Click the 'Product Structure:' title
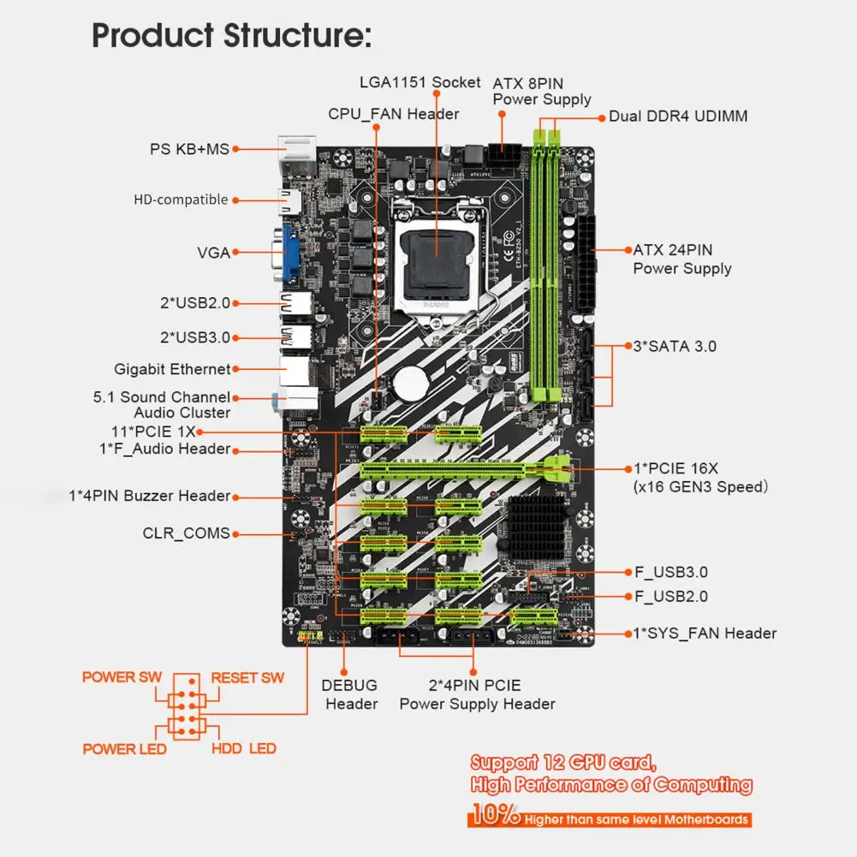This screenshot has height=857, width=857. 231,36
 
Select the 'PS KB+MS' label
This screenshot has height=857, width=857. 189,149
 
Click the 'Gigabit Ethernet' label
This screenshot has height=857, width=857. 172,369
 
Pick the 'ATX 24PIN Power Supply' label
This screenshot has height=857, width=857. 681,259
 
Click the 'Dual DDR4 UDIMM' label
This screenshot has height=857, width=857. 678,116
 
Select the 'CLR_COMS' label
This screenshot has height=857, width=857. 186,533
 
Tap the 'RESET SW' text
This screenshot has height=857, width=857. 247,678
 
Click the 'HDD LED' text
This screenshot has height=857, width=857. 243,748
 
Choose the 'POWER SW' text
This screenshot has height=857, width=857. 121,677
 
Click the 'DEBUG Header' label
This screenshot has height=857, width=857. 350,694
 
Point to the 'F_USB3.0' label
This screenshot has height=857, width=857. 670,573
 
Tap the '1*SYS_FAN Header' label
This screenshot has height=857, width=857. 705,634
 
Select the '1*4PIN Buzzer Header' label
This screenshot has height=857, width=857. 150,496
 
